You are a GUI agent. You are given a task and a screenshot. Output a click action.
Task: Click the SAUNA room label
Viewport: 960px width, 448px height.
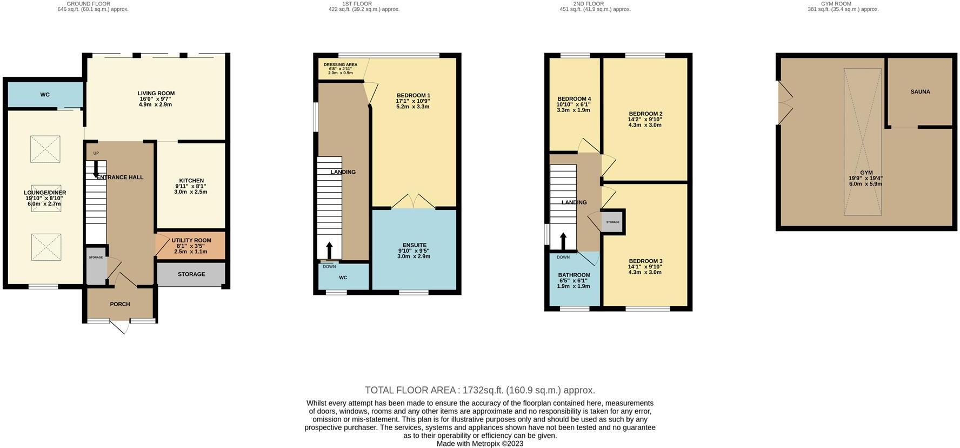920,92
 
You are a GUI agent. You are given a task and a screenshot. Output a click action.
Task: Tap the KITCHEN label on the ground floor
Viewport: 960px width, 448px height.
191,181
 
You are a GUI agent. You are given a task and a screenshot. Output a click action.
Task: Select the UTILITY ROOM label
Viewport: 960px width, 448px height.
191,240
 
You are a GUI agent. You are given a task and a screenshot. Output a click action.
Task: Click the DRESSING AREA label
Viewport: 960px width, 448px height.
340,65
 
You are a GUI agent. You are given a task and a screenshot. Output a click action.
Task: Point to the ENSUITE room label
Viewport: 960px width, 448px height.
414,245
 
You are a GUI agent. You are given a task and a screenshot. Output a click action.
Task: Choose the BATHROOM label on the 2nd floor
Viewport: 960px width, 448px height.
574,275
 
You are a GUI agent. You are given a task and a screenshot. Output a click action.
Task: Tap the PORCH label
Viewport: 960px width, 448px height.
120,304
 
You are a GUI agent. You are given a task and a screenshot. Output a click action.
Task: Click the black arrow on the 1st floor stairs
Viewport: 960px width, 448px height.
329,251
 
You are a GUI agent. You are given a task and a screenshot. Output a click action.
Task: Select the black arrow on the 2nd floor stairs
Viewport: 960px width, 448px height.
563,241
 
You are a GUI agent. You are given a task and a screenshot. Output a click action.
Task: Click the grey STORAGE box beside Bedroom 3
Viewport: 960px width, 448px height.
612,222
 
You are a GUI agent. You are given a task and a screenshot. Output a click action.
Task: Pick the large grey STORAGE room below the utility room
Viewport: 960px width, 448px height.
191,274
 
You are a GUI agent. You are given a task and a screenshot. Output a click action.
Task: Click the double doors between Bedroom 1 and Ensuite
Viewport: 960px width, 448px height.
414,201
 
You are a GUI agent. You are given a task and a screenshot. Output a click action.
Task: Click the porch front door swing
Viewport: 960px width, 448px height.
120,326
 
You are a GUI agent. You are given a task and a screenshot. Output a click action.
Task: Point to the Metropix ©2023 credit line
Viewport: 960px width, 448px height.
479,444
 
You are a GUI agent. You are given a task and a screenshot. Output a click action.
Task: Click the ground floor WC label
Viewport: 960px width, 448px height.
45,95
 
